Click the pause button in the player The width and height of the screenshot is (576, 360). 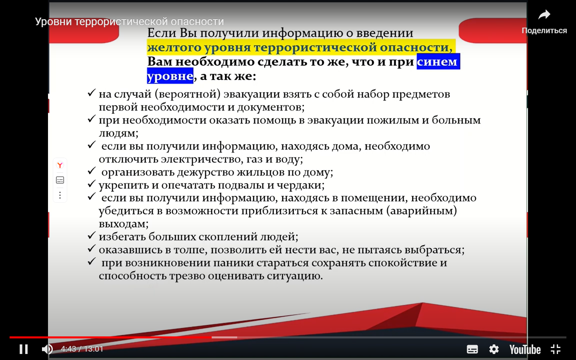click(24, 349)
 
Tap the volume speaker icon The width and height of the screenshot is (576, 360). click(47, 349)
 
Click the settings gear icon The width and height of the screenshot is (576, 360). click(494, 349)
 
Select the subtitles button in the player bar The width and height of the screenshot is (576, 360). click(472, 350)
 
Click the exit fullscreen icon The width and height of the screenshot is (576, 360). click(556, 350)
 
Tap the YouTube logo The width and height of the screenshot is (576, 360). click(525, 350)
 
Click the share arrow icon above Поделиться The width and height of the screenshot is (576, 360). click(544, 15)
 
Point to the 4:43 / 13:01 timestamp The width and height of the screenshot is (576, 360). click(82, 349)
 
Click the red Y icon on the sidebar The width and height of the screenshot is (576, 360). click(60, 165)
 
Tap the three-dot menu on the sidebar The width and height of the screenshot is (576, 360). click(60, 195)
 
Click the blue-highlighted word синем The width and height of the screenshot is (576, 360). click(437, 62)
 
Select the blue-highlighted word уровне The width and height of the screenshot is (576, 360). click(170, 76)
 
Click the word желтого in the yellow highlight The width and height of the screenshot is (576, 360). click(174, 47)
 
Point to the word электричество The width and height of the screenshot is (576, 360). click(202, 160)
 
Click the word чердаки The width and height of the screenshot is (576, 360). click(301, 185)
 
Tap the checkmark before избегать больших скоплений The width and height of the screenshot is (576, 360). click(92, 235)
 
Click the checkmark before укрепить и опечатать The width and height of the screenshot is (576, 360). click(92, 184)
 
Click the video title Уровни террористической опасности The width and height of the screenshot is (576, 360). click(129, 22)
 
